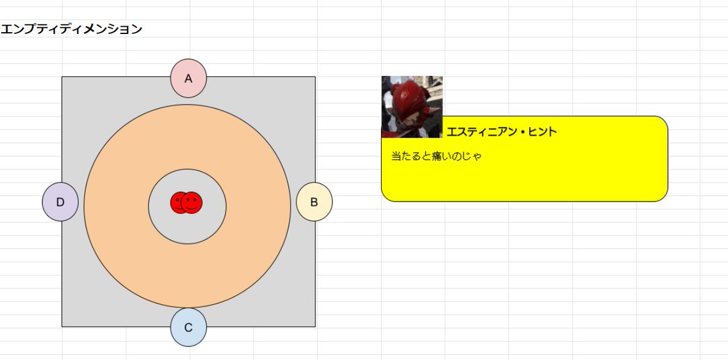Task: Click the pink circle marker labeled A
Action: [x=189, y=78]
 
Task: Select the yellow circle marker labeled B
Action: [x=314, y=202]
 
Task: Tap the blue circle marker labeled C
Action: [x=189, y=328]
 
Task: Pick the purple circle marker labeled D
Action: [x=60, y=202]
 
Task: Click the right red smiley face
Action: [x=192, y=203]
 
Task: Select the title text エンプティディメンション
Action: [x=71, y=29]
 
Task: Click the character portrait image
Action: [x=412, y=107]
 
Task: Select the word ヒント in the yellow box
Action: [x=543, y=131]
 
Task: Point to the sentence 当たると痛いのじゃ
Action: [x=436, y=157]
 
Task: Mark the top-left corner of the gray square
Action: [x=62, y=77]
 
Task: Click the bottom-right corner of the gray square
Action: [x=315, y=326]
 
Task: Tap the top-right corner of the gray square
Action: [x=315, y=77]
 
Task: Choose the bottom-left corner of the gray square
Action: [x=62, y=326]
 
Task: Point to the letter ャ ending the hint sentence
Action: [x=477, y=157]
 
